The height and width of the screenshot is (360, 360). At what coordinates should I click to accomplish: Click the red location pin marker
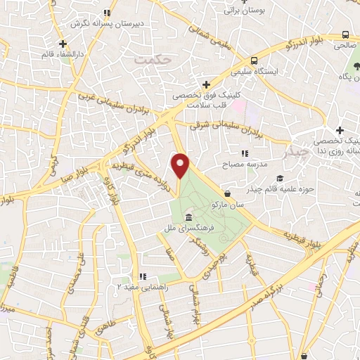[181, 165]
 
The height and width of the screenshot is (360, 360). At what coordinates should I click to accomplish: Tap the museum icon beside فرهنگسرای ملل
[188, 217]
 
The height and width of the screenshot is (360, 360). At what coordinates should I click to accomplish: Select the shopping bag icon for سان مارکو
[227, 192]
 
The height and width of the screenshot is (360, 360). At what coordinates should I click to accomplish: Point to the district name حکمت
[151, 60]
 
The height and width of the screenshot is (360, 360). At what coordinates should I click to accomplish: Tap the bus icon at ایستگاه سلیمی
[254, 60]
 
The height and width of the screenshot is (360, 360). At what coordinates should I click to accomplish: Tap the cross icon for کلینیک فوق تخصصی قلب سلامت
[205, 84]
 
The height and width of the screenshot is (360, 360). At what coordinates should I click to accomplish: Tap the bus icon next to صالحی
[345, 34]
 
